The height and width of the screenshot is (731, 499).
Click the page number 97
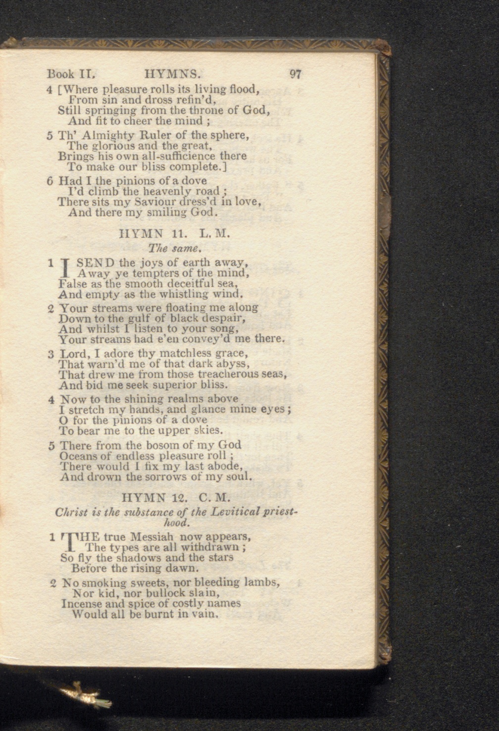[296, 74]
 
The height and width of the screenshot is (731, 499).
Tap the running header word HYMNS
[173, 74]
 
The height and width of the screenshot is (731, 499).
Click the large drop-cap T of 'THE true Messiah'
[68, 542]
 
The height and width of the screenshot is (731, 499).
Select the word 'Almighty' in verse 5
[103, 135]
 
